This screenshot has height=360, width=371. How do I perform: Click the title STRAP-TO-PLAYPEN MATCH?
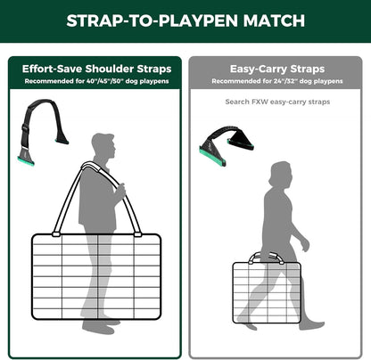pyautogui.click(x=185, y=20)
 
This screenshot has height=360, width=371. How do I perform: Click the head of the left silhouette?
pyautogui.click(x=102, y=147)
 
